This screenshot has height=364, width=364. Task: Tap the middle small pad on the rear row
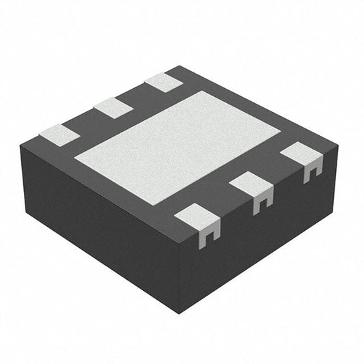tap(113, 107)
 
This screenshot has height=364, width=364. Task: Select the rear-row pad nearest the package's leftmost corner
tap(59, 135)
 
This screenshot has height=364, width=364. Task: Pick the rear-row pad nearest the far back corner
tap(164, 83)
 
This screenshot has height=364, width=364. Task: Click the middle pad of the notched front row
tap(251, 184)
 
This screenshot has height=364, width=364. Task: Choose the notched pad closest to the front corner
tap(197, 218)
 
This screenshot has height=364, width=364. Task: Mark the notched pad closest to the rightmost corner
tap(301, 154)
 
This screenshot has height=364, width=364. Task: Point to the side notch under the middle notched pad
tap(262, 203)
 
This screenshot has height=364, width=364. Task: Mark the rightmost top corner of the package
tap(339, 145)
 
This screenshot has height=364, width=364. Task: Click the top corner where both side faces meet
tap(180, 244)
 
